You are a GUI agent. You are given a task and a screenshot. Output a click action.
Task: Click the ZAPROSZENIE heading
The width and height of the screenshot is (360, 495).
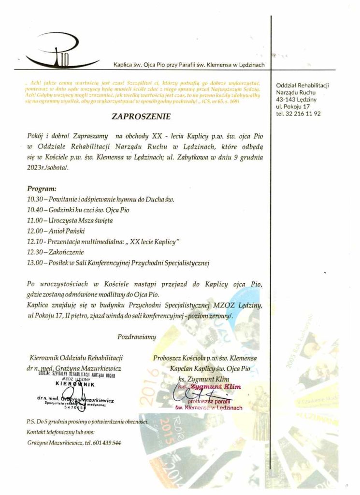tap(141, 116)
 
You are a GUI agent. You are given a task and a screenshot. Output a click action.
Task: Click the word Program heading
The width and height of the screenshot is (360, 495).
tap(42, 188)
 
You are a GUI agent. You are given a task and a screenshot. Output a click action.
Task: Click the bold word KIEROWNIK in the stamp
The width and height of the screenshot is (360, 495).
tap(73, 385)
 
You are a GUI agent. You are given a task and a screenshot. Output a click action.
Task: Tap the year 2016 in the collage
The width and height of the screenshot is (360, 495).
tap(151, 382)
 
